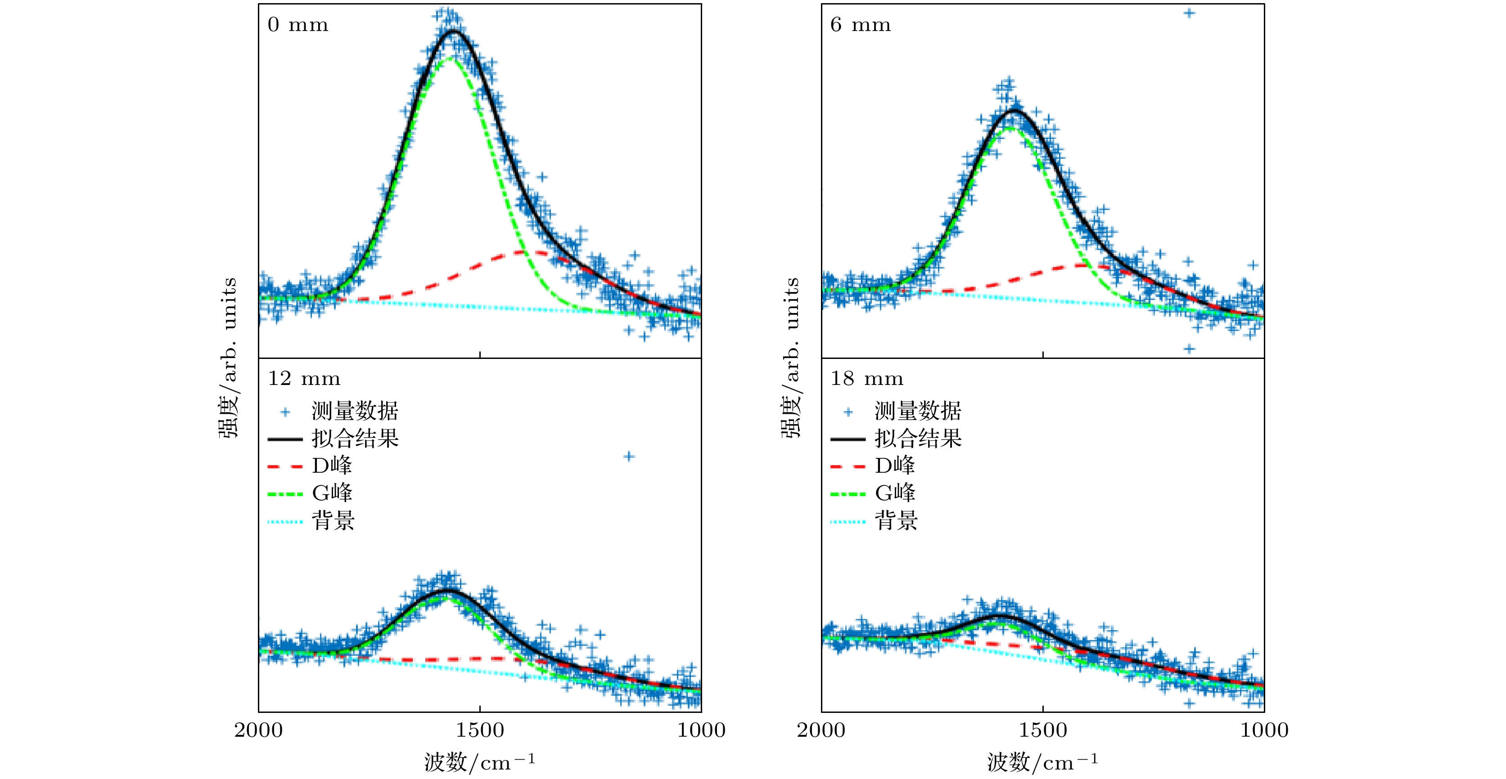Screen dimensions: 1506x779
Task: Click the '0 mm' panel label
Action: click(298, 25)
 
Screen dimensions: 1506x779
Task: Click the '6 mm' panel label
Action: click(861, 25)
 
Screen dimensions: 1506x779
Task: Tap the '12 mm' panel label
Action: click(304, 379)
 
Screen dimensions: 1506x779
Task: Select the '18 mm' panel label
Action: click(867, 379)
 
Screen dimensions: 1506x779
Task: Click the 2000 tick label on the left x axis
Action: click(258, 730)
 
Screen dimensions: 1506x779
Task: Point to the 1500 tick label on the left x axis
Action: click(480, 730)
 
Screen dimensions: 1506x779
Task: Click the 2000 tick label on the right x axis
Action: click(821, 730)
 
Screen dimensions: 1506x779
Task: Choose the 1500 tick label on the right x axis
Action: click(1043, 730)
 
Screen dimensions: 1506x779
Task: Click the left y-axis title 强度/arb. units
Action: click(229, 358)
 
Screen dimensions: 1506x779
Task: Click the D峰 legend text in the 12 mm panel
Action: click(332, 466)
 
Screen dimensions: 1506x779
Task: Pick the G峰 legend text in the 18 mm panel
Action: click(895, 492)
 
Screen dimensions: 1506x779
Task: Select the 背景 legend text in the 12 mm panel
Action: click(333, 520)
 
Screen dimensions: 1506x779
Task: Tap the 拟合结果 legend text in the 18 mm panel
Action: click(918, 438)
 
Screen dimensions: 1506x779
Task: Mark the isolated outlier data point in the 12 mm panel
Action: click(628, 457)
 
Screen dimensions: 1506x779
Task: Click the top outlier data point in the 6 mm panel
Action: click(1189, 13)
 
